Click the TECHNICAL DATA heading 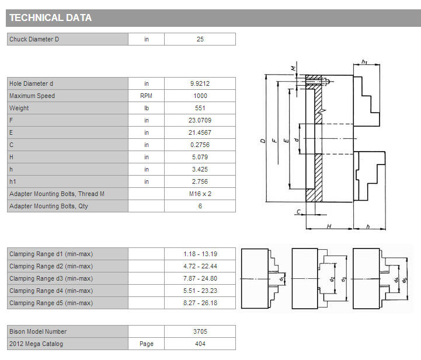coord(50,18)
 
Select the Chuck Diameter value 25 coord(200,39)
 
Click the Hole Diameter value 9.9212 coord(200,83)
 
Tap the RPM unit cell coord(147,96)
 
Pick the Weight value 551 coord(200,108)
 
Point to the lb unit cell coord(147,108)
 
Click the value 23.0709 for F coord(200,120)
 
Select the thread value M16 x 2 coord(200,194)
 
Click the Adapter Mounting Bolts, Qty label coord(48,207)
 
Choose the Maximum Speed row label coord(32,96)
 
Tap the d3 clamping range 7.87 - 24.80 coord(200,278)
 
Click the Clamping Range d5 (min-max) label coord(51,303)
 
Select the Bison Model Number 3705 coord(200,331)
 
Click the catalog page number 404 coord(200,344)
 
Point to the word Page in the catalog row coord(147,344)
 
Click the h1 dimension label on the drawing coord(364,62)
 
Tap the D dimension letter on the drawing coord(263,140)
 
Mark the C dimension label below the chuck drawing coord(299,212)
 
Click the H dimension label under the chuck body coord(329,226)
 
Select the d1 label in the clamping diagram coord(281,279)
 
